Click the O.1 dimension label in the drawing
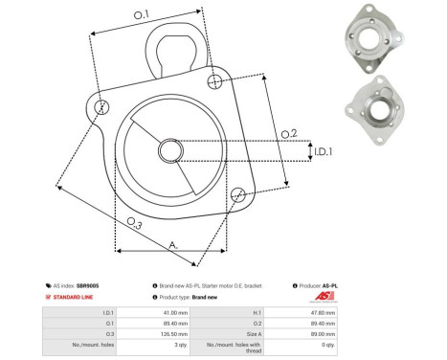141,13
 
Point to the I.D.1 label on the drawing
323,150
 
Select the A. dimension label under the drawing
173,245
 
